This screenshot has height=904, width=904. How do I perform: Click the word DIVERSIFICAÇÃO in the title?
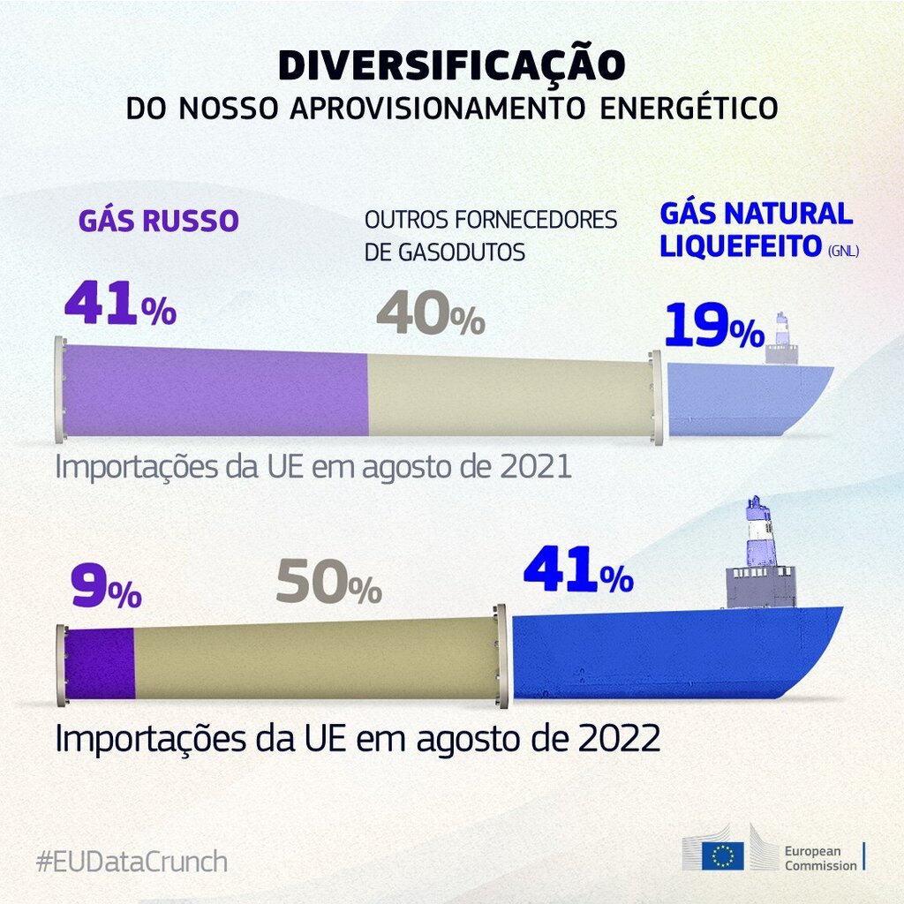[x=451, y=65]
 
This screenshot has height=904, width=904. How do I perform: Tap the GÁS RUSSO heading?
[x=159, y=221]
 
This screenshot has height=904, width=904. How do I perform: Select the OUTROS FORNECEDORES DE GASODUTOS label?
[x=490, y=236]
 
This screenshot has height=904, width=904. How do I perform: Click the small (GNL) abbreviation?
[x=843, y=252]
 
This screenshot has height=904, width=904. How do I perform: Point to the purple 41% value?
[x=120, y=305]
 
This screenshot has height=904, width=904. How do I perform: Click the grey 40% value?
[x=430, y=315]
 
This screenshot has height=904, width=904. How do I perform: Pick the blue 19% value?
[x=713, y=327]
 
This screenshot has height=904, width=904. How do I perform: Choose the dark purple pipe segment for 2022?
[x=100, y=662]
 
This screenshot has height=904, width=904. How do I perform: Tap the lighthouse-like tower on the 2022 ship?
[x=760, y=534]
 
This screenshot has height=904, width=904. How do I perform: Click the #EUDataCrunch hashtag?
[x=132, y=861]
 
